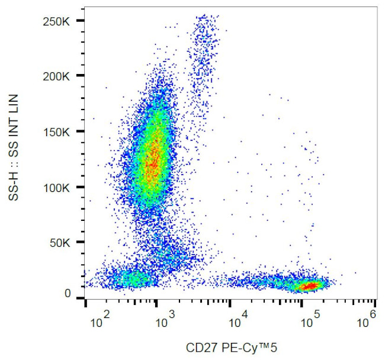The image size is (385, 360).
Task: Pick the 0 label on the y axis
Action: click(x=68, y=294)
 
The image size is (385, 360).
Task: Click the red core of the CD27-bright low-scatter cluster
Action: click(x=308, y=287)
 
